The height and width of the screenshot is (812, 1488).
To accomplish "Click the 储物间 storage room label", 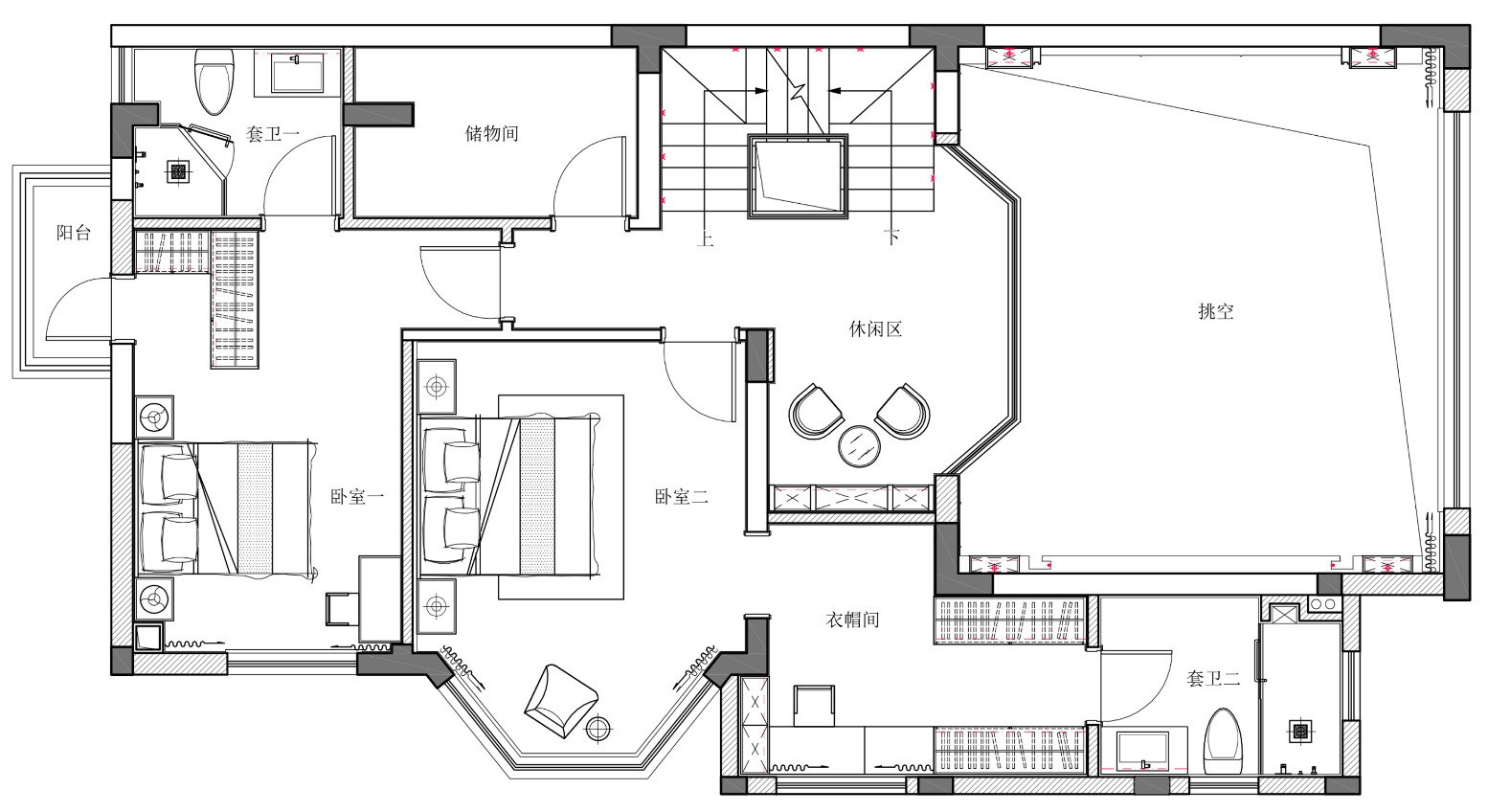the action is pos(491,133).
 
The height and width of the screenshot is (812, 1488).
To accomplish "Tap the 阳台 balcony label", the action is pos(73,233).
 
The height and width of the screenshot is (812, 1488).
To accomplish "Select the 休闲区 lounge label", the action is pos(875,329).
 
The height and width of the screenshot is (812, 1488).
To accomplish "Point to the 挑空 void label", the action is pos(1216,311).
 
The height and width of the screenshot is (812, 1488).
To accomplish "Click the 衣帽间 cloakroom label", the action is pos(852,620).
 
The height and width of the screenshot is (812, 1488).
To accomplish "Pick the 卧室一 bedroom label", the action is pos(357,496).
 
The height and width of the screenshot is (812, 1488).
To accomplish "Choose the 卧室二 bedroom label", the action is pos(682,496).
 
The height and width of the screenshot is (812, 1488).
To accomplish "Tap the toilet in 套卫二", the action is pos(1223,742).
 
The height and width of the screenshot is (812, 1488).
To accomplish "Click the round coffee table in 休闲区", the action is pos(858,446).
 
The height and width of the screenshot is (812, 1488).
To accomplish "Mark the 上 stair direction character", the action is pos(706,237).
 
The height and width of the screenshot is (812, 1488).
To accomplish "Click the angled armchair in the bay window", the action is pos(561,700).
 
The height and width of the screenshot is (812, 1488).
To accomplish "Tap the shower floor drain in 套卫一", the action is pos(177,172).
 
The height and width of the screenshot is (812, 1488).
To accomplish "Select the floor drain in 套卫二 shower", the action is pos(1300,732).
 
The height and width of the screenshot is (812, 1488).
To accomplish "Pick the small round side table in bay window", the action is pos(599,729).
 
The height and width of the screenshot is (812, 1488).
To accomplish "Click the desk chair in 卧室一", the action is pos(342,609).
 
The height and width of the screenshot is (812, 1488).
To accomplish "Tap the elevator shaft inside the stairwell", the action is pos(798,176).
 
